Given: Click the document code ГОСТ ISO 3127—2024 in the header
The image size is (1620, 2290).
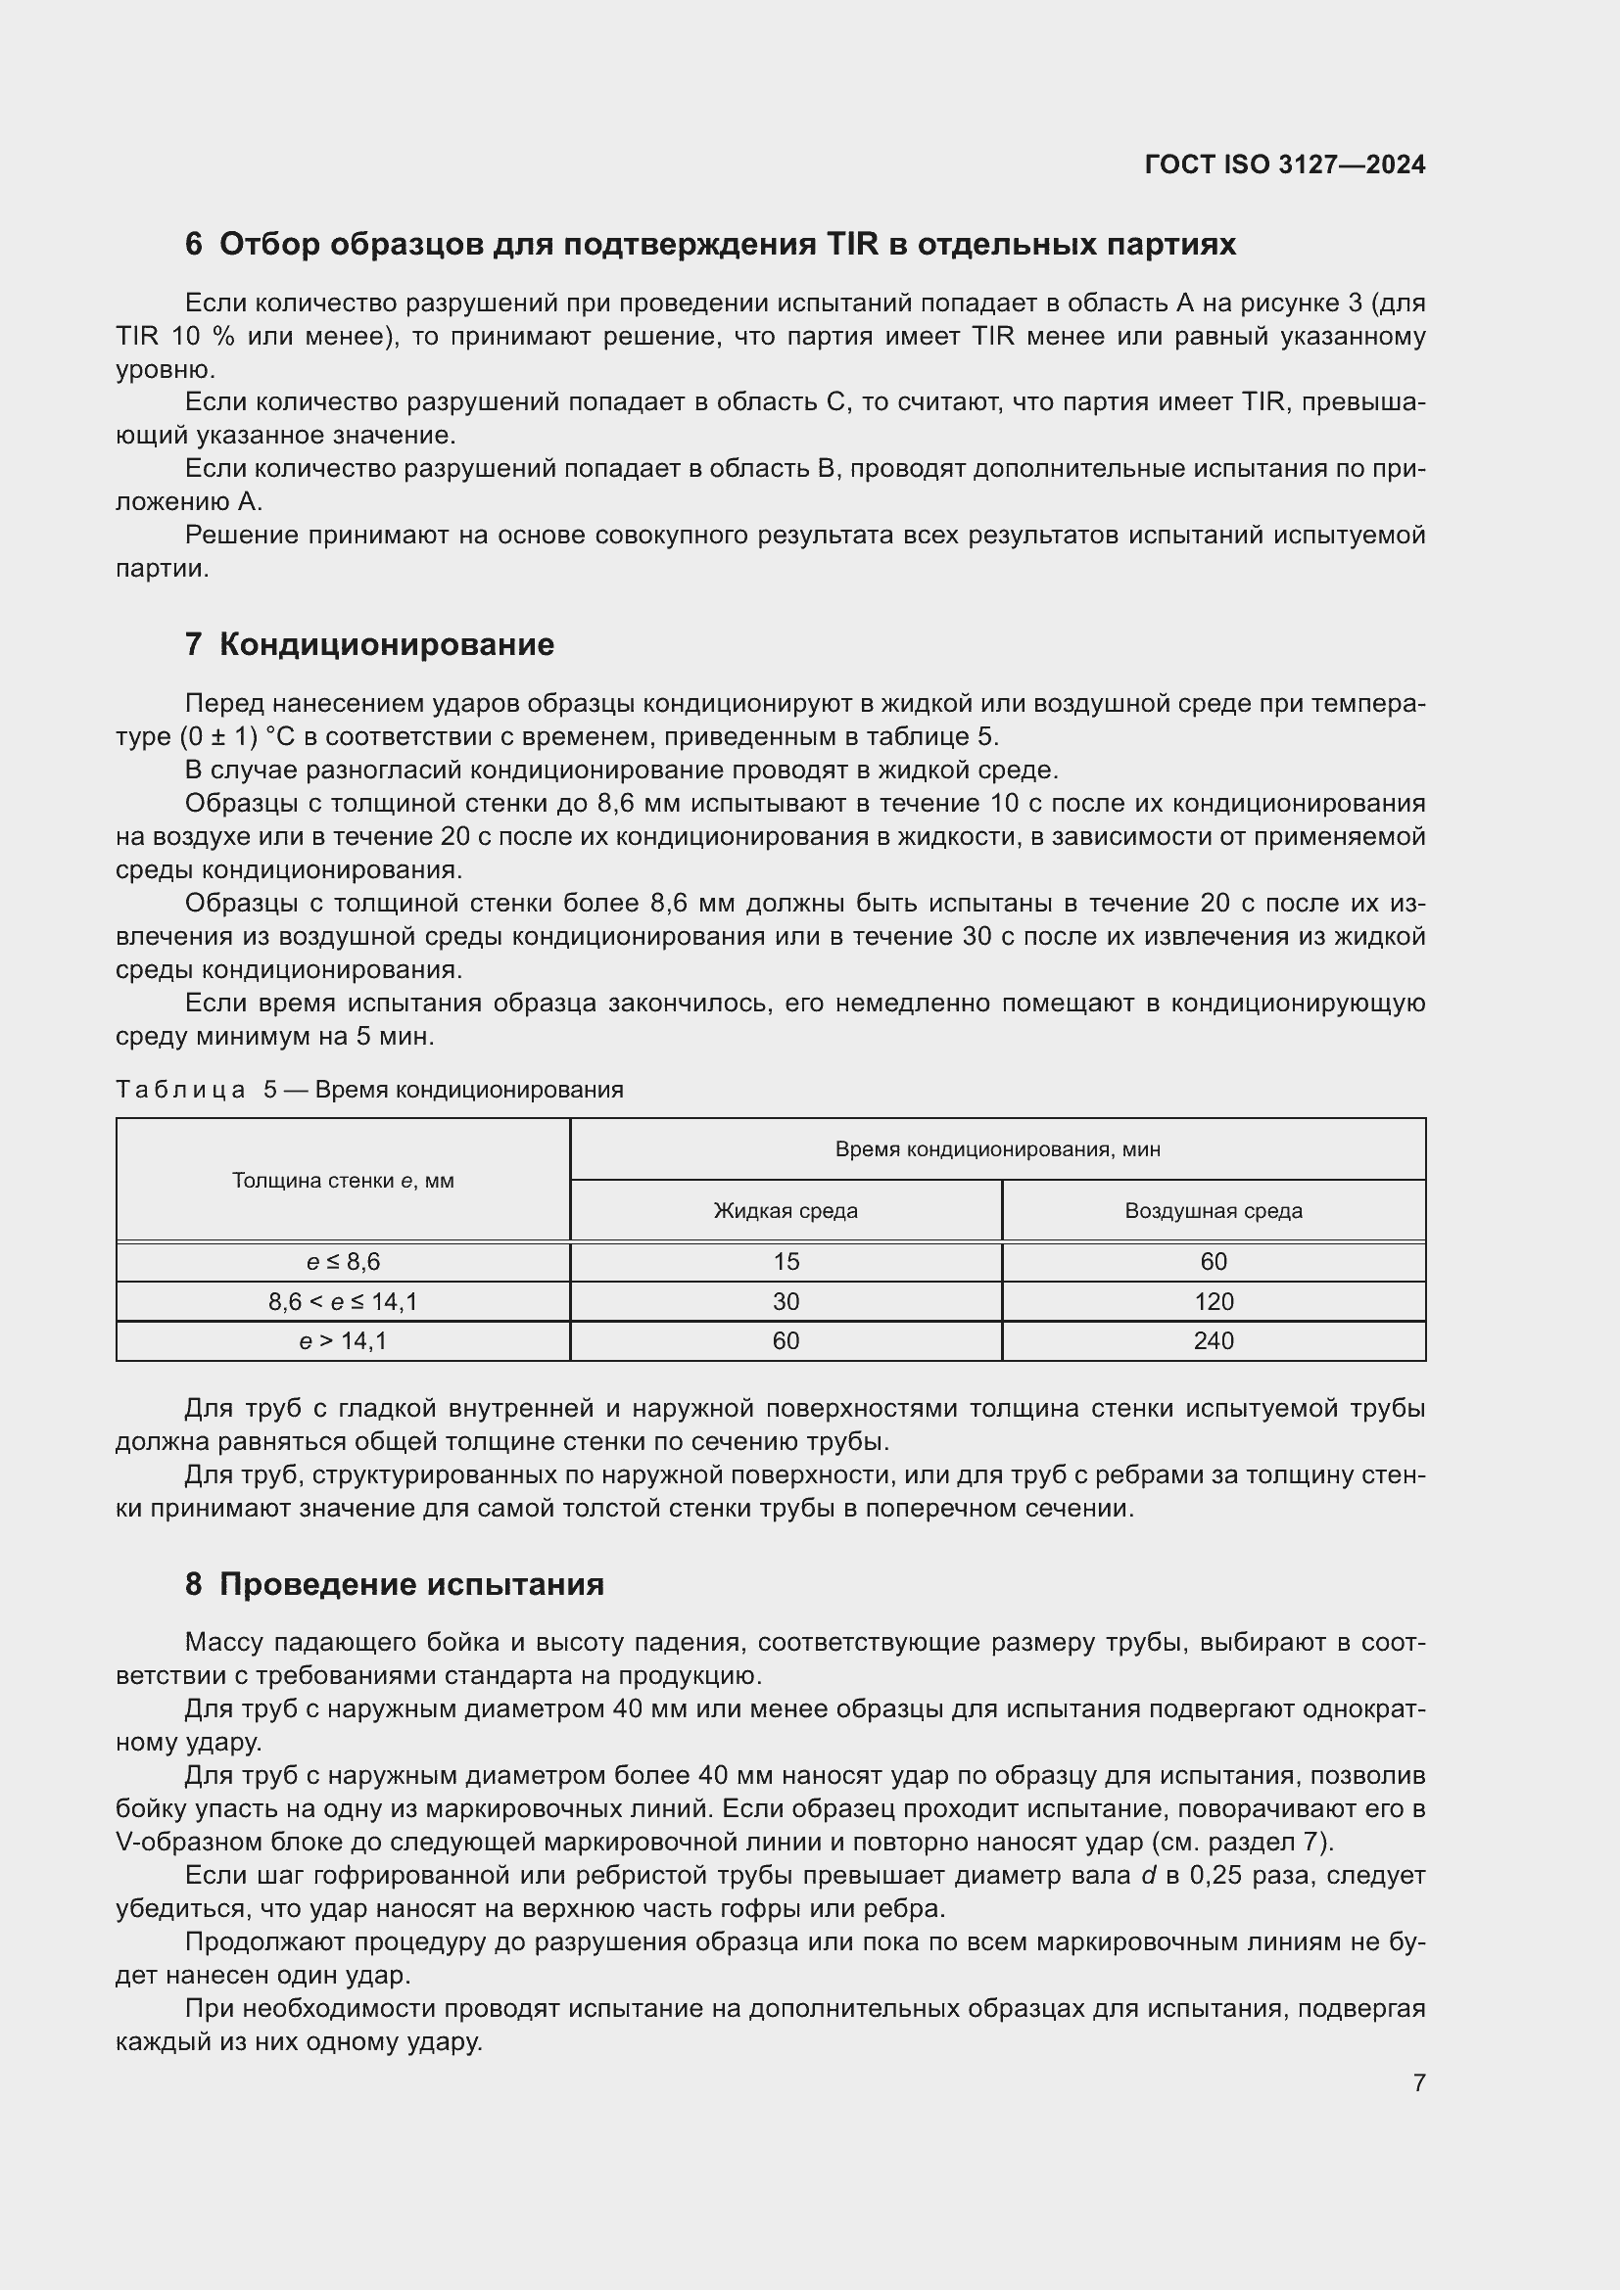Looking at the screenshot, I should [x=1285, y=164].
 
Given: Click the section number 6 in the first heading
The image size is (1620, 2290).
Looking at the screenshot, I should [x=194, y=245].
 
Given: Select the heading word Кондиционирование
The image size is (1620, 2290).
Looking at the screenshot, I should [x=386, y=644].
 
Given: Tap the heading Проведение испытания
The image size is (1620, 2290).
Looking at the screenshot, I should [x=411, y=1585].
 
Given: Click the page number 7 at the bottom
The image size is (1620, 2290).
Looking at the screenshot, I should [x=1418, y=2082].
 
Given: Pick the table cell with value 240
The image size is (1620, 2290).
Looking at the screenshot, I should [x=1213, y=1341].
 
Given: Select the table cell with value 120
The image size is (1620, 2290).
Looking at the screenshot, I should [x=1213, y=1301].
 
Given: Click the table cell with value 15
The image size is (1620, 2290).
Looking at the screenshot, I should [x=786, y=1262].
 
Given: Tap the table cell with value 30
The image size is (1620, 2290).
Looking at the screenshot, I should [x=786, y=1301].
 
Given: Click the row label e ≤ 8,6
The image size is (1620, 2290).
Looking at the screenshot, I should [x=342, y=1262].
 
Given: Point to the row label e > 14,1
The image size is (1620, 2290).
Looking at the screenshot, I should [x=342, y=1341].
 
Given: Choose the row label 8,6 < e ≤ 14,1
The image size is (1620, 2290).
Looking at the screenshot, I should [x=342, y=1301].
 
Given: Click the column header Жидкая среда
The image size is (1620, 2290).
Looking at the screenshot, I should [x=786, y=1211].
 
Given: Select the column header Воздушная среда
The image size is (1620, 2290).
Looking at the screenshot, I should [x=1213, y=1211].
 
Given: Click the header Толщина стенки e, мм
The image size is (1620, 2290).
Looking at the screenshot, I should [x=342, y=1181].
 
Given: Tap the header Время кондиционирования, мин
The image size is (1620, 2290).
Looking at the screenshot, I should [x=997, y=1149].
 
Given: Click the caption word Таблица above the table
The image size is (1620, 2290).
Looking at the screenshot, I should [x=180, y=1089].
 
